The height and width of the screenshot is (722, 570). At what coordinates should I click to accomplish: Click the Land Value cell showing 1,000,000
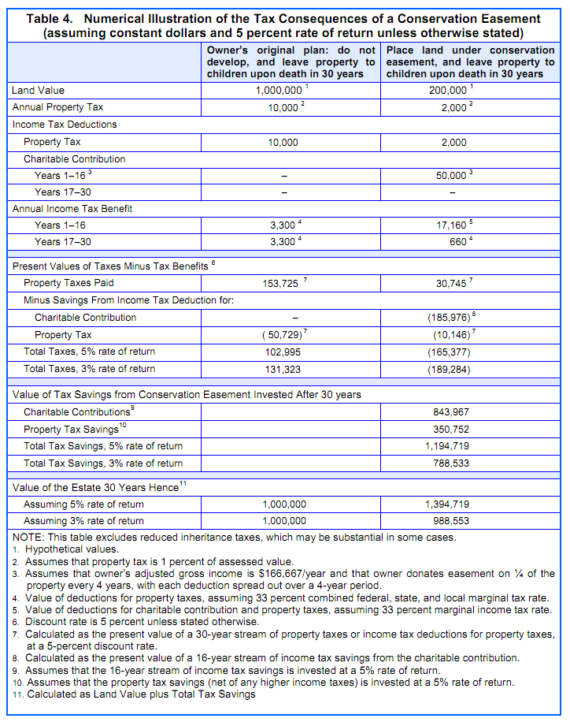[280, 91]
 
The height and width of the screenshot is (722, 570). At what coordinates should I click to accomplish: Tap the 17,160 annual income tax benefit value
[452, 225]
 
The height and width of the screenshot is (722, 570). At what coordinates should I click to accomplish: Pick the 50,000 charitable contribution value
[452, 175]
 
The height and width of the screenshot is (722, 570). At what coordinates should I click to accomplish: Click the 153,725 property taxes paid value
[280, 283]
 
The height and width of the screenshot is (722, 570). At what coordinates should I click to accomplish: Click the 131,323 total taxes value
[284, 369]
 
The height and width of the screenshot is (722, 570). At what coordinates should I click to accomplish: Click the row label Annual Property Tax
[57, 107]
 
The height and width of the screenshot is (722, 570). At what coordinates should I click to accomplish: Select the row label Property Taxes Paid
[68, 283]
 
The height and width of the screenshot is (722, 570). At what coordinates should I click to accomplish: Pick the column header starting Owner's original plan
[291, 61]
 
